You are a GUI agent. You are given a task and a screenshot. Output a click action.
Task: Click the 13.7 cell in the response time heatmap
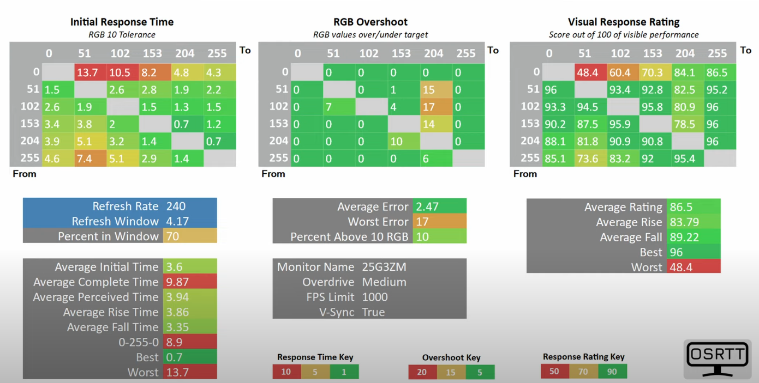click(91, 72)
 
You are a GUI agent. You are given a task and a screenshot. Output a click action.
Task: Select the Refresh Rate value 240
click(176, 206)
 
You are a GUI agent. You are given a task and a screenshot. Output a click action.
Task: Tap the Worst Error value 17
click(422, 222)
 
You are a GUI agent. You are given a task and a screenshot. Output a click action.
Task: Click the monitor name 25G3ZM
click(384, 267)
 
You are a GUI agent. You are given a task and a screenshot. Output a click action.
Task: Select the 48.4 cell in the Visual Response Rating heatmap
click(588, 72)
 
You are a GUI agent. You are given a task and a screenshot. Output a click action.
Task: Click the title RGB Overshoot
click(370, 22)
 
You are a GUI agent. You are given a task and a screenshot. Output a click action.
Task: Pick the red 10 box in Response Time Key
click(286, 372)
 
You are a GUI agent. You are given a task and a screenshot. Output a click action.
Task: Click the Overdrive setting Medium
click(384, 282)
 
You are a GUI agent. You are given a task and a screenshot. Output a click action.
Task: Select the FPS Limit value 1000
click(375, 297)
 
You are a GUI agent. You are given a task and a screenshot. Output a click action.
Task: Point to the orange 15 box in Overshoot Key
click(451, 372)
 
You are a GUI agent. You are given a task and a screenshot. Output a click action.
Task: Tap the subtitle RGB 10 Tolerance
click(122, 35)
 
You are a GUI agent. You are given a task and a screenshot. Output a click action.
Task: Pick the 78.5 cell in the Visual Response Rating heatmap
click(685, 124)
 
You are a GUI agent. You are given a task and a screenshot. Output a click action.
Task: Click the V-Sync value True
click(373, 312)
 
